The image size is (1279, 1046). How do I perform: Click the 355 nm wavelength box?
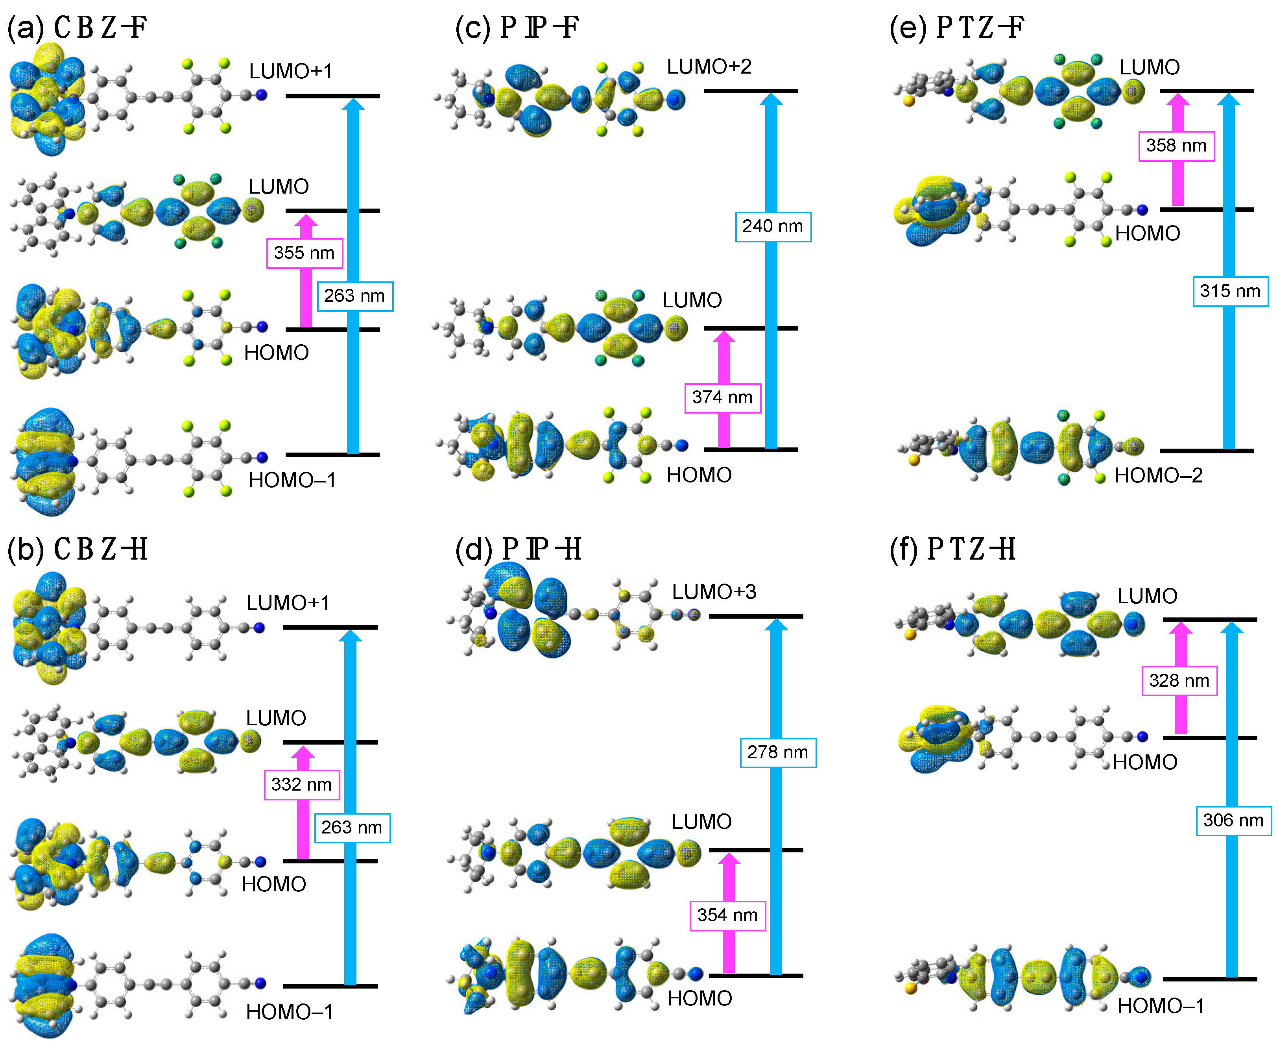(x=304, y=253)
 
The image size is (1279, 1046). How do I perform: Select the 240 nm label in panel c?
(x=773, y=227)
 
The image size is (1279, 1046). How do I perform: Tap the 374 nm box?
(x=722, y=398)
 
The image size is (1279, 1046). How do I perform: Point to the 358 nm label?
(x=1176, y=146)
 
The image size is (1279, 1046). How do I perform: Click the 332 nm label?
(x=301, y=785)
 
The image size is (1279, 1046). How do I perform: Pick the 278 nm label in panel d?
(x=778, y=752)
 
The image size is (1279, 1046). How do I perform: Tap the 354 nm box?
(x=727, y=916)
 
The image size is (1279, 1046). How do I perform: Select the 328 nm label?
(x=1179, y=681)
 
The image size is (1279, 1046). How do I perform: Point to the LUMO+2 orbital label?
(x=709, y=67)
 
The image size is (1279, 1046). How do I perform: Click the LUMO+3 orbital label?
(x=714, y=592)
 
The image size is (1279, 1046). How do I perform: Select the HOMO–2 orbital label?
(x=1158, y=476)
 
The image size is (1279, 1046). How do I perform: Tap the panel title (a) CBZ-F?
(x=77, y=28)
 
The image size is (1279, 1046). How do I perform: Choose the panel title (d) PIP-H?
(x=518, y=549)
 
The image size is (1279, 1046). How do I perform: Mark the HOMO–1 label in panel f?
(x=1160, y=1006)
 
